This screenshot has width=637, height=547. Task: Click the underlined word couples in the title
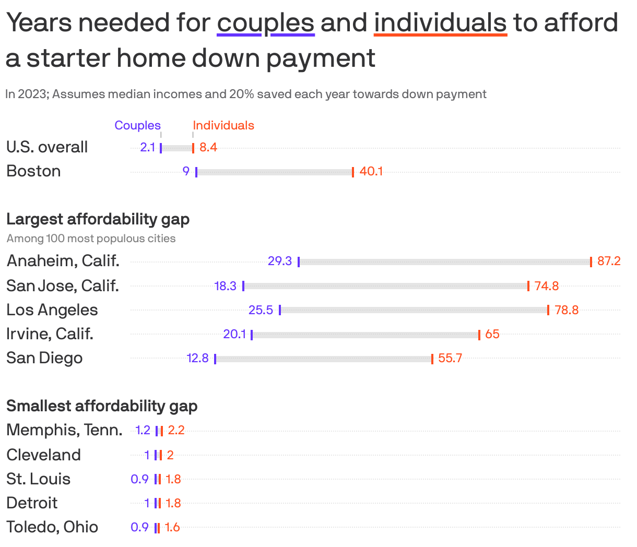click(265, 23)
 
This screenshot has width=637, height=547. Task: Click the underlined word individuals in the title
click(440, 23)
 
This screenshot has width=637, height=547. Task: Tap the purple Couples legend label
click(137, 125)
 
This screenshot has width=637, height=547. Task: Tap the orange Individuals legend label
click(223, 125)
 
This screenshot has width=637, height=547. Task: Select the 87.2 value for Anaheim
click(609, 261)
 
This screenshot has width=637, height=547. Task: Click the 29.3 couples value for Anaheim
click(279, 261)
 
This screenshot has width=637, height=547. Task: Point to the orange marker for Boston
click(353, 172)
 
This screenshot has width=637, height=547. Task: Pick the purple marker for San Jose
click(243, 286)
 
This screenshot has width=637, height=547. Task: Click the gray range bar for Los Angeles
click(414, 310)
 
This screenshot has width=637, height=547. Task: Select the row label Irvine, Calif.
click(50, 334)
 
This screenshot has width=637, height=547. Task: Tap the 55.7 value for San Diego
click(450, 358)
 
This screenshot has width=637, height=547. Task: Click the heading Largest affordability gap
click(98, 219)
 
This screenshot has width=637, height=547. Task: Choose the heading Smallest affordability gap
click(102, 406)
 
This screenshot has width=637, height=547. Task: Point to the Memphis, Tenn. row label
click(64, 430)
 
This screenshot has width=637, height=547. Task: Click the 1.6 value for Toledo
click(172, 527)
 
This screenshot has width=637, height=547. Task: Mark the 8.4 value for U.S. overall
click(208, 147)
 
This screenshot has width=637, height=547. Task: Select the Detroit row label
click(32, 503)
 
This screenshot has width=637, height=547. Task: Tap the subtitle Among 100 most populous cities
click(91, 239)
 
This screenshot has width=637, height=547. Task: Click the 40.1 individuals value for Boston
click(371, 171)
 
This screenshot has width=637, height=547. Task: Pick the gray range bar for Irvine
click(365, 334)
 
